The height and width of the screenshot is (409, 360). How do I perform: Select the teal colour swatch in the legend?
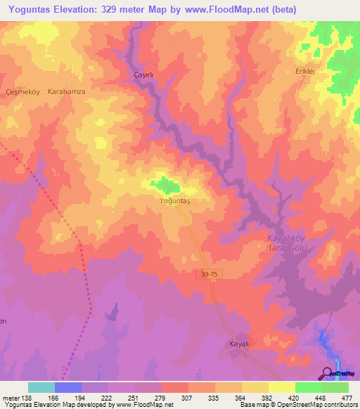click(41, 387)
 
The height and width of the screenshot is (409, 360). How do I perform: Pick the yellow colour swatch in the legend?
click(281, 387)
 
